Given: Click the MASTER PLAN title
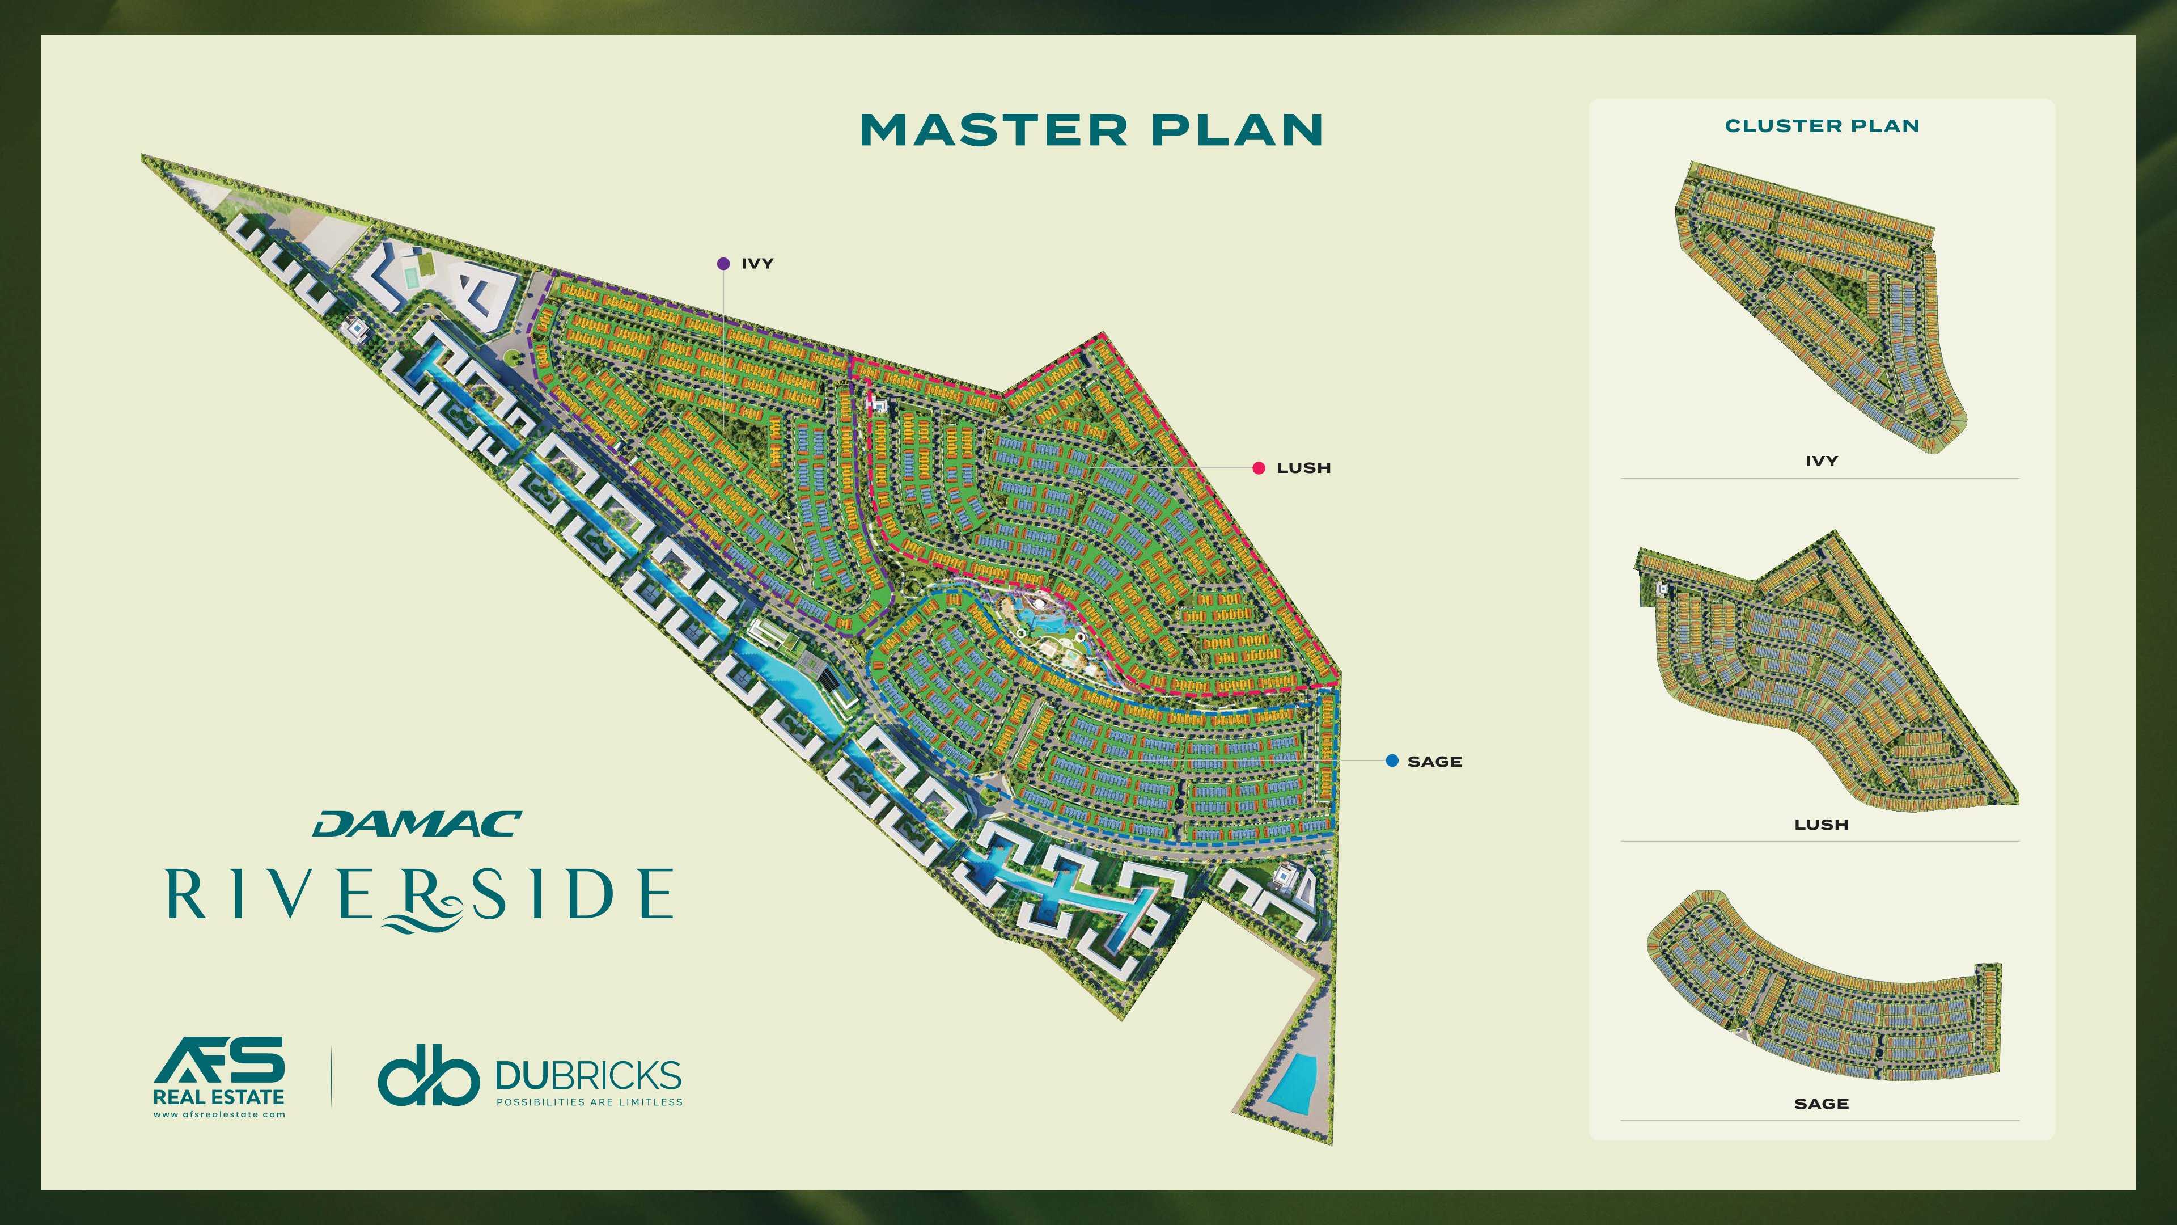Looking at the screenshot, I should (1091, 130).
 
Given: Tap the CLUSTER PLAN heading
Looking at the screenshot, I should (1821, 126).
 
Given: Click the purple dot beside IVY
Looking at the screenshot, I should (723, 264).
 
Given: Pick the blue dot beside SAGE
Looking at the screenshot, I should (1392, 761).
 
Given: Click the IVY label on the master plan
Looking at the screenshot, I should (757, 264).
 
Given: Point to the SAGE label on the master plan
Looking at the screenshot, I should (1434, 762).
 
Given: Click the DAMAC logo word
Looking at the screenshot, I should (417, 824).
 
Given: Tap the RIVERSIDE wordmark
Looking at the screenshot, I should (420, 894).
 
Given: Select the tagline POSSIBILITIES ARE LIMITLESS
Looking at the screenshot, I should (589, 1102).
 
